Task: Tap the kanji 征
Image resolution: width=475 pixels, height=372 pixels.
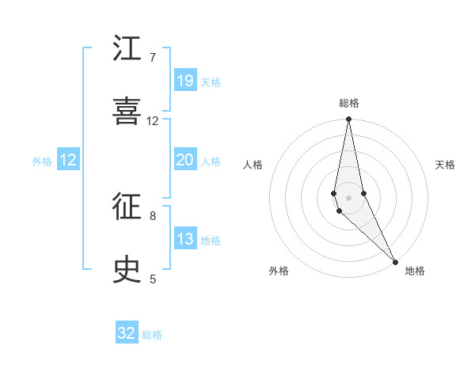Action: [127, 207]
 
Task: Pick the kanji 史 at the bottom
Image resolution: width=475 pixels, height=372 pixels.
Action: [127, 270]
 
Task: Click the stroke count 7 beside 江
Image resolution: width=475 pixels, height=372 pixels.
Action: [153, 58]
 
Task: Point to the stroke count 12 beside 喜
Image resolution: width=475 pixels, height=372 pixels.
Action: [153, 121]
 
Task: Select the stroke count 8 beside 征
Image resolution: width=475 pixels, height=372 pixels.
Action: [153, 215]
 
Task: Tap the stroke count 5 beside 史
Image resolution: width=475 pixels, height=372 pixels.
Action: [153, 279]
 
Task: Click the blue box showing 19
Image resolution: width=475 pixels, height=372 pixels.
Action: [185, 81]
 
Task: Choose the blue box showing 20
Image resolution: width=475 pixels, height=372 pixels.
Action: [185, 160]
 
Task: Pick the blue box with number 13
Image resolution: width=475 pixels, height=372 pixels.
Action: [185, 239]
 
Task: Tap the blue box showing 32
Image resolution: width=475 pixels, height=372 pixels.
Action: [127, 333]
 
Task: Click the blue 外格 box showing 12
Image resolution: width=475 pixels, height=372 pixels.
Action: [68, 160]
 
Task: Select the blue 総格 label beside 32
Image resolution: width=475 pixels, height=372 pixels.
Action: [152, 335]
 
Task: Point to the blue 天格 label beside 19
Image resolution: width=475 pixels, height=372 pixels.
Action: [211, 82]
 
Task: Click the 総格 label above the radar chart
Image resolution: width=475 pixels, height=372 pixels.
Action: [349, 103]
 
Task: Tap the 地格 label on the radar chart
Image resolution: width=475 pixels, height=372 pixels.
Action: [415, 271]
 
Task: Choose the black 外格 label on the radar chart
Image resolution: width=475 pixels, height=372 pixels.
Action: [278, 271]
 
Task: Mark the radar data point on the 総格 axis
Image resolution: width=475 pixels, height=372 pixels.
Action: [348, 120]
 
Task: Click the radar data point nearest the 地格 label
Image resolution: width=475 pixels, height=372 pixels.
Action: [395, 260]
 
